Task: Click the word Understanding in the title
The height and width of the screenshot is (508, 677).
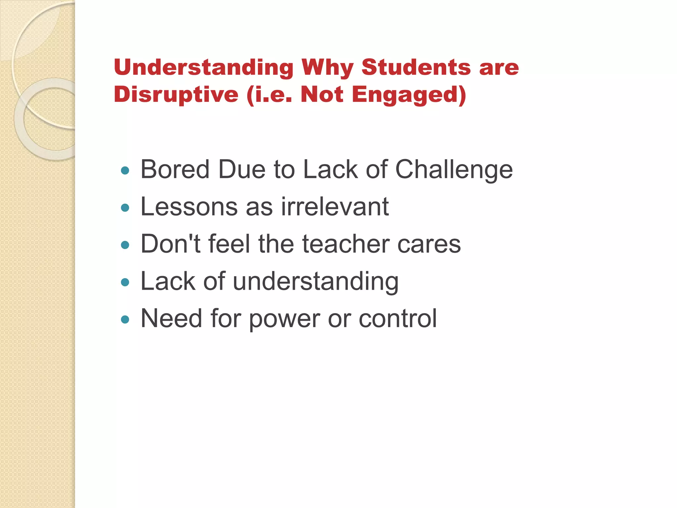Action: coord(203,67)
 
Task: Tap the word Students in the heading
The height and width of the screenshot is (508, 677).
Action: coord(416,67)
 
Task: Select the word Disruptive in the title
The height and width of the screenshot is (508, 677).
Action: coord(176,95)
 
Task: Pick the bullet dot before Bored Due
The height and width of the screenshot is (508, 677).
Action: coord(125,171)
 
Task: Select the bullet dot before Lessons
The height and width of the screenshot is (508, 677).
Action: coord(125,208)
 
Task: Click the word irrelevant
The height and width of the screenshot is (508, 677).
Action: coord(335,207)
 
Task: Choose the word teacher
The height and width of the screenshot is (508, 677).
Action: coord(346,244)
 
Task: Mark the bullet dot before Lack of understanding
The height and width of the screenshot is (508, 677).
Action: coord(125,282)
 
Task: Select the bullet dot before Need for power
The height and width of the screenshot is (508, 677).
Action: coord(125,319)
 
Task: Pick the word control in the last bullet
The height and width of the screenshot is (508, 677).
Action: coord(398,318)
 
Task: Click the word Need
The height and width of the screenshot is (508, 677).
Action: coord(171,318)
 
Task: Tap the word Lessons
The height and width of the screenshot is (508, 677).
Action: coord(189,207)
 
